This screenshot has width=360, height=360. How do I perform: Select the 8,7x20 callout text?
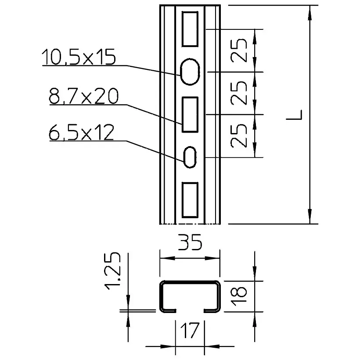pyautogui.click(x=83, y=97)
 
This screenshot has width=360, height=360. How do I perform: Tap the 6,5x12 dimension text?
pyautogui.click(x=82, y=132)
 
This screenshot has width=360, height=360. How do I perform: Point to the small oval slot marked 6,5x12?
pyautogui.click(x=190, y=157)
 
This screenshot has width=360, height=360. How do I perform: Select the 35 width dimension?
pyautogui.click(x=190, y=244)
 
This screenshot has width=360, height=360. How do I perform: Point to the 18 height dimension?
pyautogui.click(x=241, y=295)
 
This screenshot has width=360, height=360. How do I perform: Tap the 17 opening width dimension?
pyautogui.click(x=190, y=331)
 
